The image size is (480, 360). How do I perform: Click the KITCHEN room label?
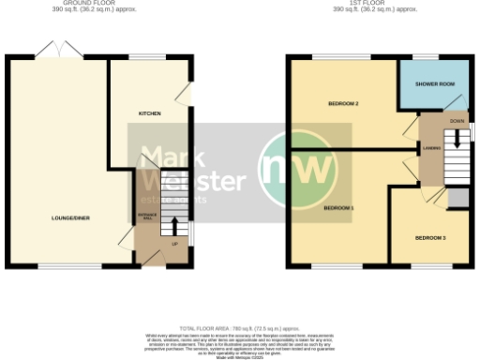(149, 113)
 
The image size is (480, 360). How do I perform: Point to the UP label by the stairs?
(174, 246)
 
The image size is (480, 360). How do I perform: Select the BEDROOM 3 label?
(429, 237)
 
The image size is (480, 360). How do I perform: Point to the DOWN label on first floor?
(457, 122)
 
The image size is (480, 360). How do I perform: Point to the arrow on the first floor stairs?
(457, 139)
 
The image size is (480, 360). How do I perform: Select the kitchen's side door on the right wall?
(191, 97)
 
